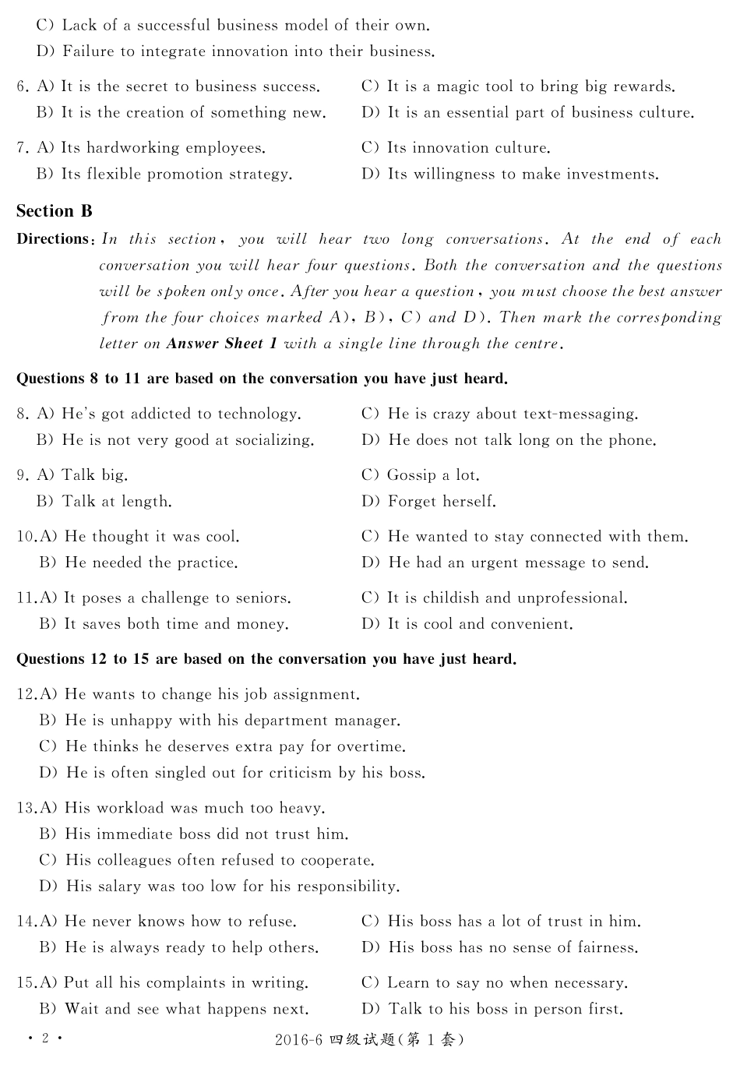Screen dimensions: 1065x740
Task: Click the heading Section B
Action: coord(55,211)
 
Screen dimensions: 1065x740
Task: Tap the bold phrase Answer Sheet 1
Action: coord(221,344)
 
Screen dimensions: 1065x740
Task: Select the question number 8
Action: coord(22,414)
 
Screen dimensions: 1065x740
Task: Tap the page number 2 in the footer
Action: coord(45,1039)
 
